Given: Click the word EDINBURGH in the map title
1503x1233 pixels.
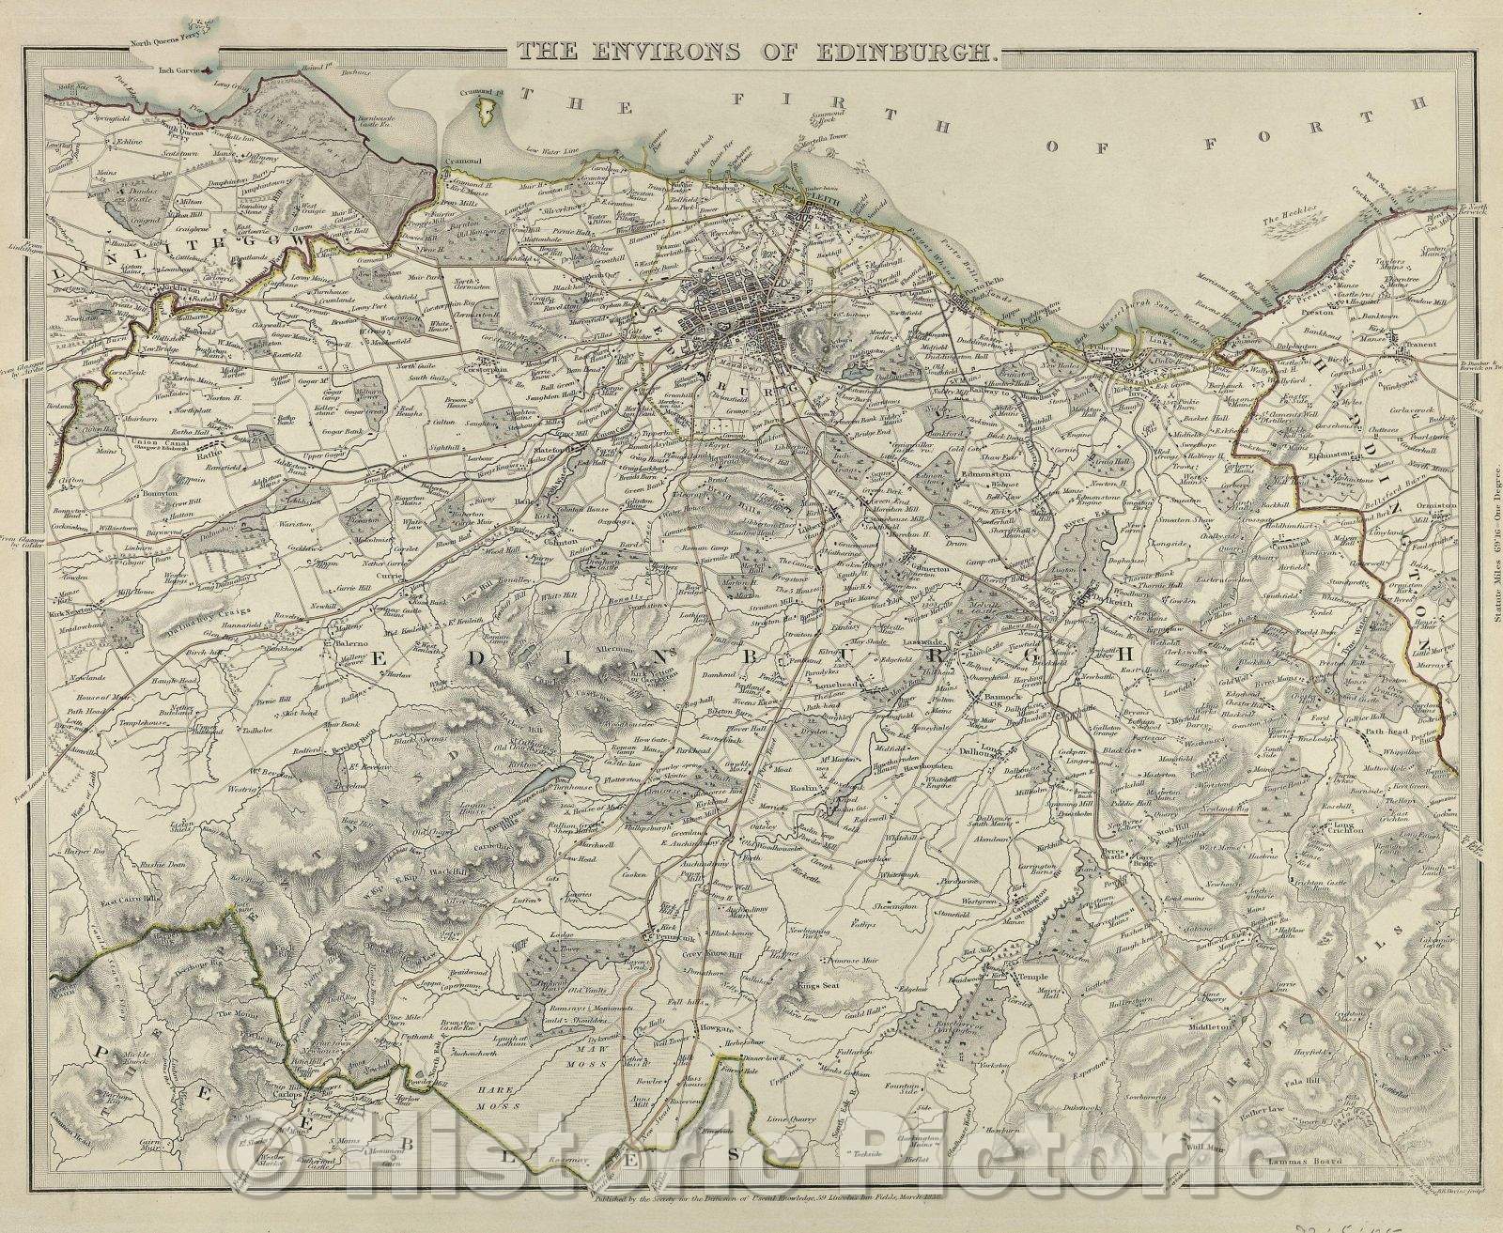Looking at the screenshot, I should click(x=902, y=52).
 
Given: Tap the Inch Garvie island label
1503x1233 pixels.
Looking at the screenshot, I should click(x=184, y=69).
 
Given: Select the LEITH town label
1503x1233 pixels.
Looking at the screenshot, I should click(x=813, y=199).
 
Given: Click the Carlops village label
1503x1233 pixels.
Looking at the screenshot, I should click(x=290, y=1095).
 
